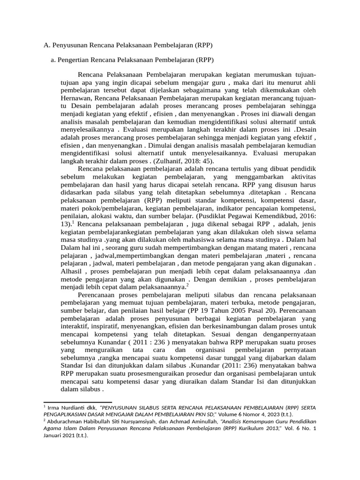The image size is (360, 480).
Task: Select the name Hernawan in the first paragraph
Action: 76,98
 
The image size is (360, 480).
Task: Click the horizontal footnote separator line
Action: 77,402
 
